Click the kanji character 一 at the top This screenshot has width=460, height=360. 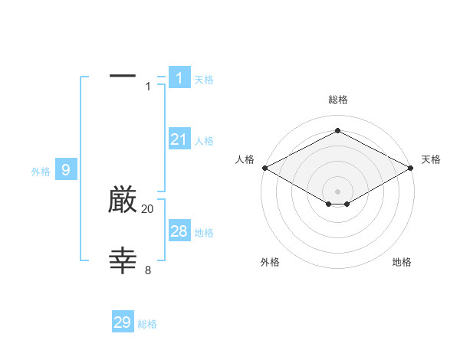[x=123, y=76]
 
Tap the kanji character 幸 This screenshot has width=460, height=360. [x=123, y=261]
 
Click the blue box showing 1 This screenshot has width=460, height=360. [x=179, y=78]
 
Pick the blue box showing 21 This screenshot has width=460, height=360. [x=179, y=139]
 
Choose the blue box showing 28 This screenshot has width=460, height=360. [x=179, y=231]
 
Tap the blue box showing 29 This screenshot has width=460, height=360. [x=123, y=322]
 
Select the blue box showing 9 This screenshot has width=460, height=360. [x=66, y=170]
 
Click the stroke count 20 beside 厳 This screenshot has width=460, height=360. [x=148, y=209]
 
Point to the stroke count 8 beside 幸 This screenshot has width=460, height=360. [x=148, y=270]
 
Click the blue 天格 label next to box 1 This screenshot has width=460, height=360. [x=204, y=80]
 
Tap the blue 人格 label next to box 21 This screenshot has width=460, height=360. [x=204, y=141]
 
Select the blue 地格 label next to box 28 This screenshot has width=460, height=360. [x=204, y=233]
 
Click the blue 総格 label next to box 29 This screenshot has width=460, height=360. [x=147, y=324]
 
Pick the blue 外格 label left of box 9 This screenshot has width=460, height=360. [x=41, y=172]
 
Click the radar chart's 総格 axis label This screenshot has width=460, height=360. [x=338, y=100]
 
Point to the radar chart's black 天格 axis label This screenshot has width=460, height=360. [x=431, y=159]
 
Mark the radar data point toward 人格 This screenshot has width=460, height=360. [x=264, y=168]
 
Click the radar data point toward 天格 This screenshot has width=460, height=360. [x=412, y=168]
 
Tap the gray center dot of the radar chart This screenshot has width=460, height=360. [x=338, y=191]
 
